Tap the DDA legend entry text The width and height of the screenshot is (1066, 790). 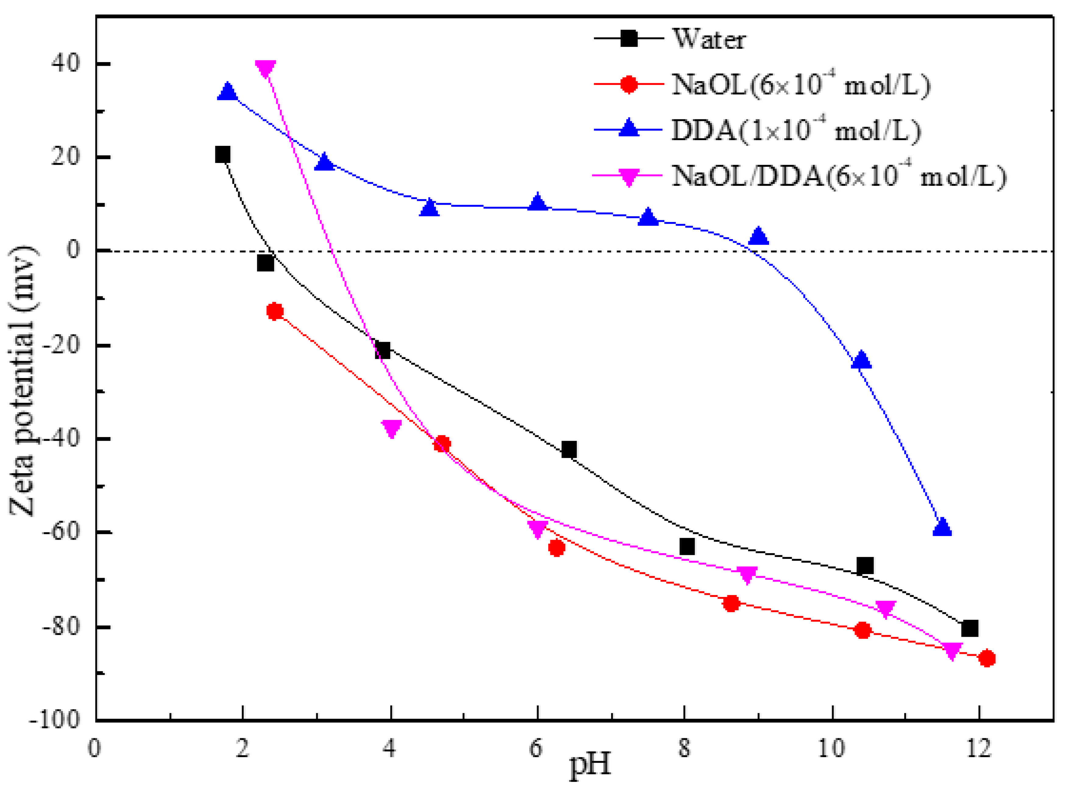point(796,131)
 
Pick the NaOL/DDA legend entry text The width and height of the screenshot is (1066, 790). point(839,176)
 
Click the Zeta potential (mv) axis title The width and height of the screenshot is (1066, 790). point(23,381)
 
